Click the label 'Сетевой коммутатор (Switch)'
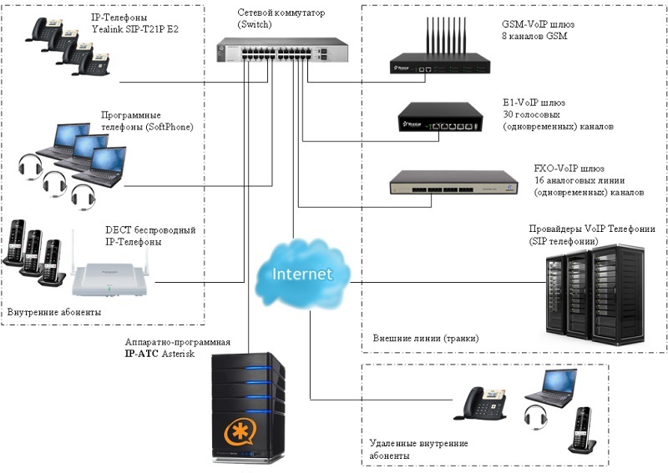tap(282, 19)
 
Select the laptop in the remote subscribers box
tap(550, 385)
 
